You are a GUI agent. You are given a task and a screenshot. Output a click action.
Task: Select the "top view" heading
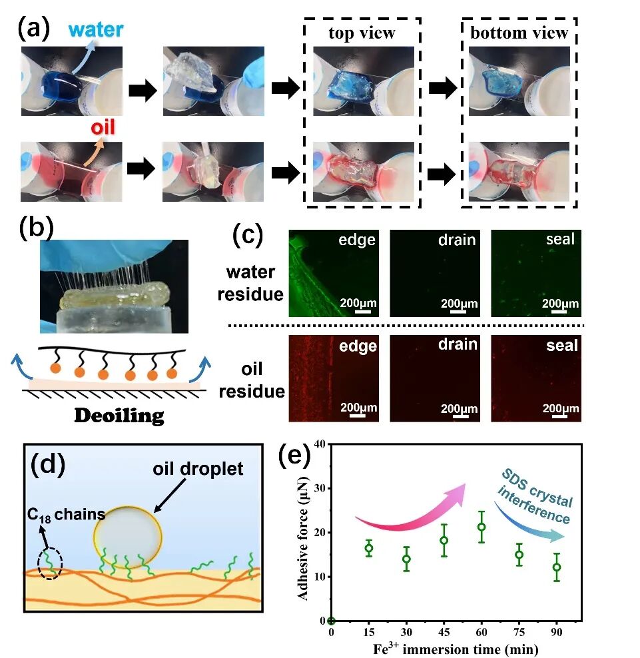tap(362, 33)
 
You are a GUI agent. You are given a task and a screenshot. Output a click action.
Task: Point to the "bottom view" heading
tap(519, 33)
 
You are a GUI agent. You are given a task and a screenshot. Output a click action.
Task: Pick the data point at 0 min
tap(331, 621)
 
